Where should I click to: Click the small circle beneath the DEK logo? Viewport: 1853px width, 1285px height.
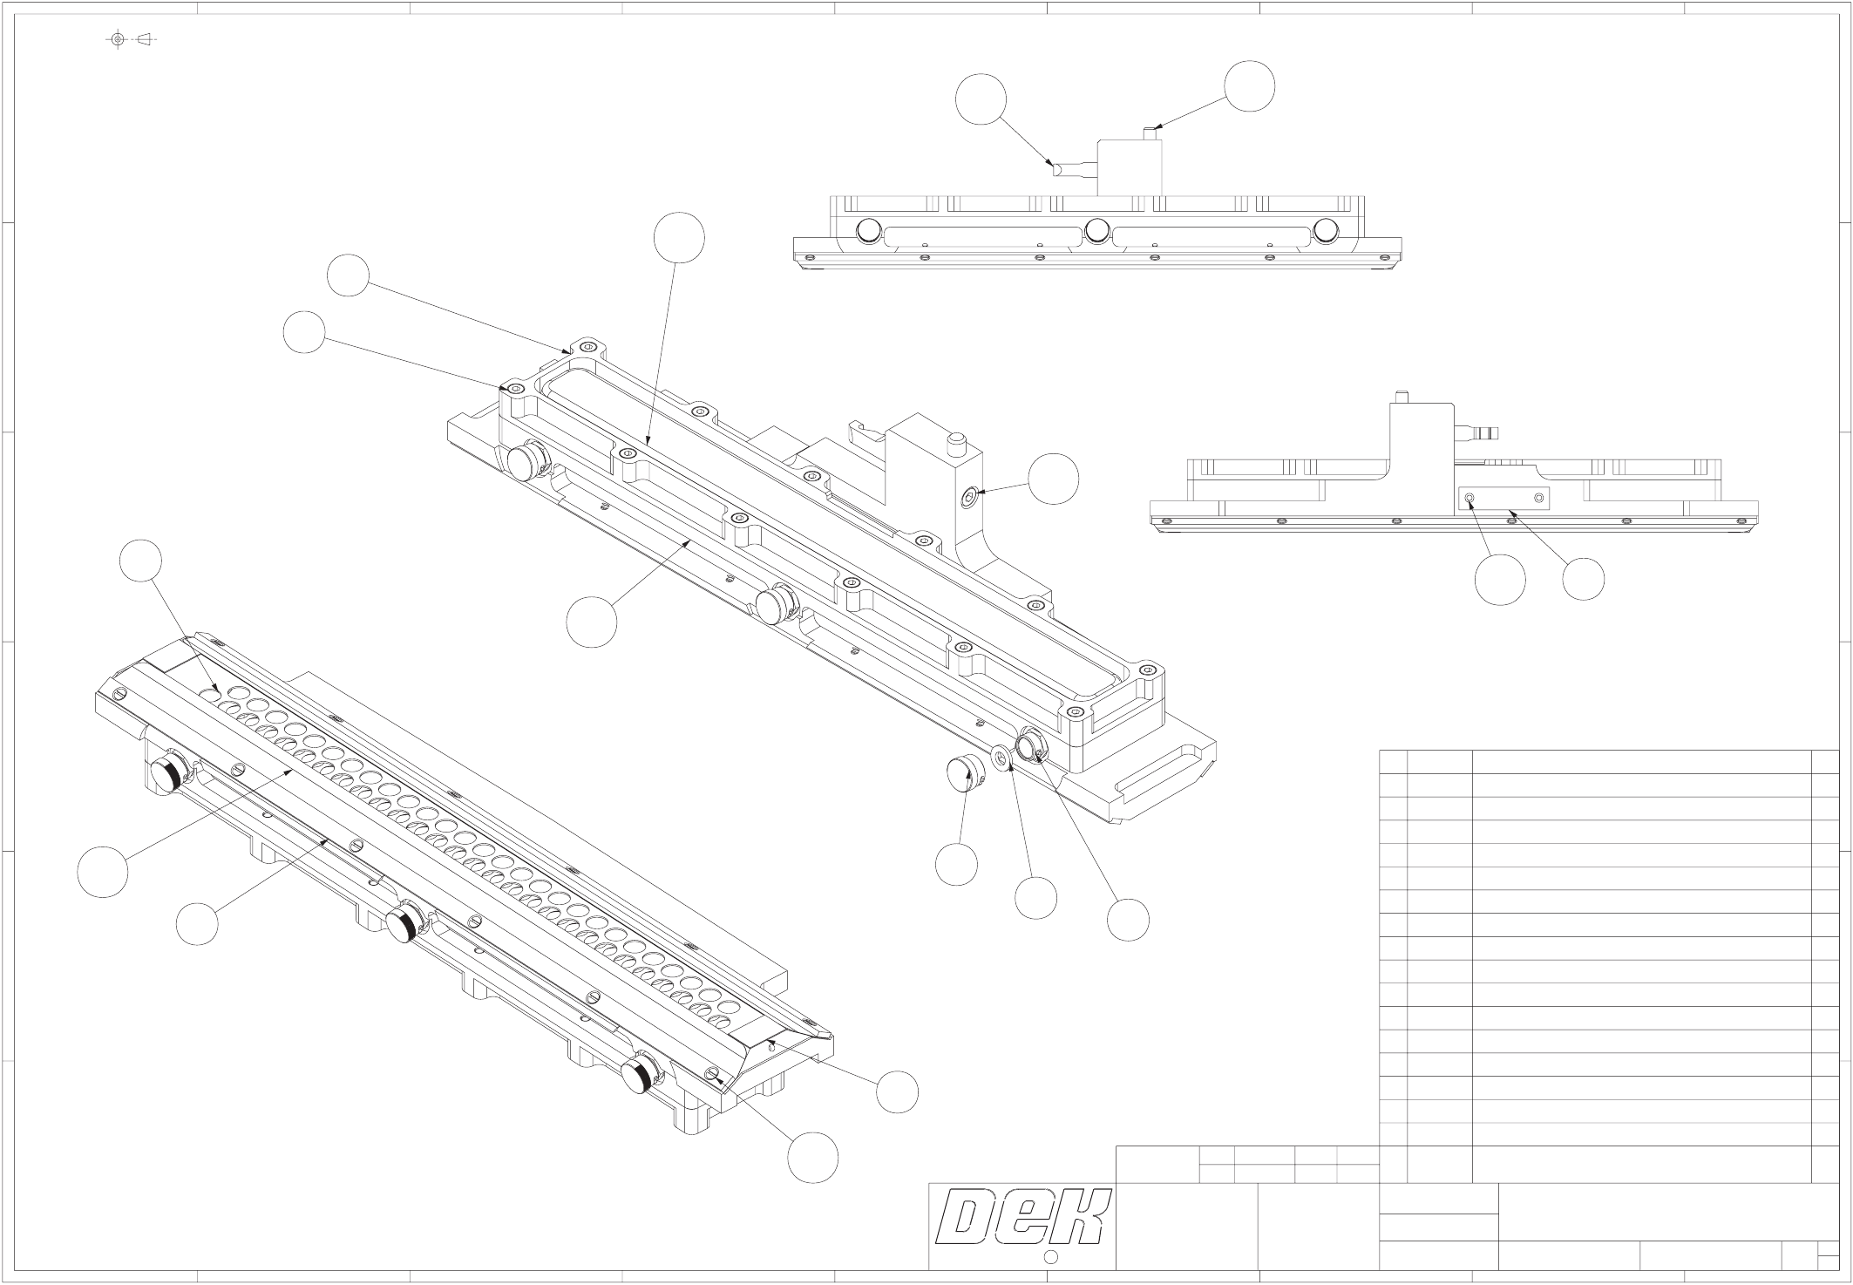tap(1050, 1257)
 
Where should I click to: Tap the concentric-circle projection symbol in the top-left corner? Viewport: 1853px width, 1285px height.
tap(118, 39)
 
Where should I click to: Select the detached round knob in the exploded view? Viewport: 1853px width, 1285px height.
tap(965, 772)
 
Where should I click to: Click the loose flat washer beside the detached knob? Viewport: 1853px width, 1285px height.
tap(1003, 756)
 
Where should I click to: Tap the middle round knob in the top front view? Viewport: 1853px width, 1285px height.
tap(1097, 230)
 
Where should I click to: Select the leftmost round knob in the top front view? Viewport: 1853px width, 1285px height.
tap(868, 230)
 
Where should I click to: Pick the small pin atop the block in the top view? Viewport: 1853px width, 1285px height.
tap(1149, 133)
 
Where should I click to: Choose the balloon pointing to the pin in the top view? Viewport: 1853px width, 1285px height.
tap(1249, 86)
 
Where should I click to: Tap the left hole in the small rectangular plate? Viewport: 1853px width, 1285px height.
tap(1470, 498)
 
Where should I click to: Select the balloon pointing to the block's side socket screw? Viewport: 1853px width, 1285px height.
tap(1053, 479)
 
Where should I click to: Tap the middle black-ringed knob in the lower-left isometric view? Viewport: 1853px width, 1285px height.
tap(403, 925)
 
